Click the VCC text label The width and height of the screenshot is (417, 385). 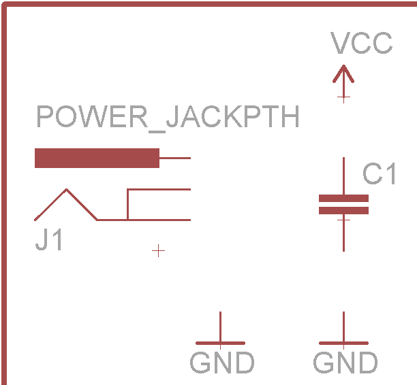(362, 44)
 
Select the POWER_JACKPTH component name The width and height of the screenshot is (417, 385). (168, 118)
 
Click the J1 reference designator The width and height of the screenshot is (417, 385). (49, 240)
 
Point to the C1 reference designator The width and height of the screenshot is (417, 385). (380, 174)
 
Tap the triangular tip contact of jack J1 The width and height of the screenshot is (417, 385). (66, 191)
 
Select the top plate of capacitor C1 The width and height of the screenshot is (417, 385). (343, 198)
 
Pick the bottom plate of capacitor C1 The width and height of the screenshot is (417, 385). (343, 210)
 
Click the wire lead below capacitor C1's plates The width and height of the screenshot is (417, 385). (343, 235)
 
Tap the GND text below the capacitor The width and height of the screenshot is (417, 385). (345, 363)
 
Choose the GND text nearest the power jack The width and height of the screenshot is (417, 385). (222, 363)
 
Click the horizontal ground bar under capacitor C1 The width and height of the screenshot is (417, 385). (343, 343)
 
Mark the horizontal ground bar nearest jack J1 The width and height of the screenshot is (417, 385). (220, 343)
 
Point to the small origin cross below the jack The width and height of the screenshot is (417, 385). (158, 251)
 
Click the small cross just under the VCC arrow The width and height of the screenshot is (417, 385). (343, 97)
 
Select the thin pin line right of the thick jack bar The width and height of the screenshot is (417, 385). (174, 158)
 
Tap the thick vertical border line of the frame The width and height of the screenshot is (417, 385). (5, 204)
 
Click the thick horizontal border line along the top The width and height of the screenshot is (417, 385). (204, 3)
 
